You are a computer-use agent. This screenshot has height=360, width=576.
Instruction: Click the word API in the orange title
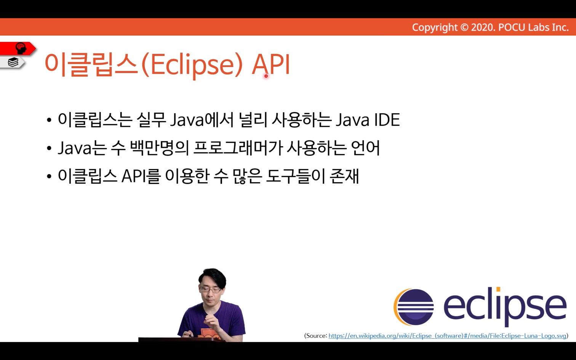tap(271, 64)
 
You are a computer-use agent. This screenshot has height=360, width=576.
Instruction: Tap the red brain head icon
tap(21, 48)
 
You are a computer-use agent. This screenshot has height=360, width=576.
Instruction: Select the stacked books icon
tap(13, 62)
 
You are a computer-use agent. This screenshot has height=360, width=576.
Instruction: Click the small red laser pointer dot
tap(266, 76)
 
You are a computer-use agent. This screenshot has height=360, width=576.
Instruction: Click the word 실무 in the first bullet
tap(151, 120)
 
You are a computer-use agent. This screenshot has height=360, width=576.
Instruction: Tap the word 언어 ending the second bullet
tap(365, 148)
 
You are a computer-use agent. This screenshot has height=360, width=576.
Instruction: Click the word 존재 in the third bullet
tap(344, 176)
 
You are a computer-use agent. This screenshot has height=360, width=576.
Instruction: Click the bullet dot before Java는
tap(49, 149)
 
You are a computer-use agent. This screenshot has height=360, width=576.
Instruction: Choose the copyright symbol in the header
tap(464, 27)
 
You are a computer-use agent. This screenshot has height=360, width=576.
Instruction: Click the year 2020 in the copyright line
tap(482, 27)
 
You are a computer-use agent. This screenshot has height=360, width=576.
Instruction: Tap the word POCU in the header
tap(512, 27)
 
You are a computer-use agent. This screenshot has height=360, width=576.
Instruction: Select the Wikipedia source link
tap(447, 336)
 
